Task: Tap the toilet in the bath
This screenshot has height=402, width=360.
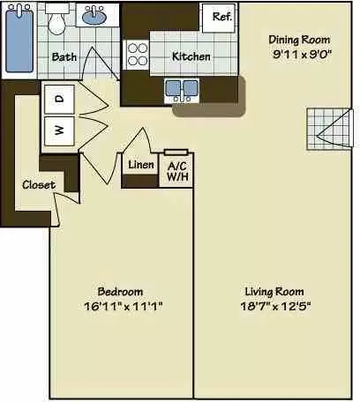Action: (57, 21)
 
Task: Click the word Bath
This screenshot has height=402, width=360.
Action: (64, 57)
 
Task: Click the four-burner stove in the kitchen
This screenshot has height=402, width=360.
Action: (137, 56)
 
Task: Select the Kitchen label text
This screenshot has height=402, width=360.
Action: (191, 56)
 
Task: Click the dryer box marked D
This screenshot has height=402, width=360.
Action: (59, 100)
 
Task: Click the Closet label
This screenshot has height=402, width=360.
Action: (39, 185)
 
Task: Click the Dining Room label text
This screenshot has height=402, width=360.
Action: (299, 39)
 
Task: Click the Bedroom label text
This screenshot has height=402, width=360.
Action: (120, 292)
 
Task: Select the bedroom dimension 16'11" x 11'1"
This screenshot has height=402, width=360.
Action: (120, 306)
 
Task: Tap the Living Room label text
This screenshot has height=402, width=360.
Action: (274, 292)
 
